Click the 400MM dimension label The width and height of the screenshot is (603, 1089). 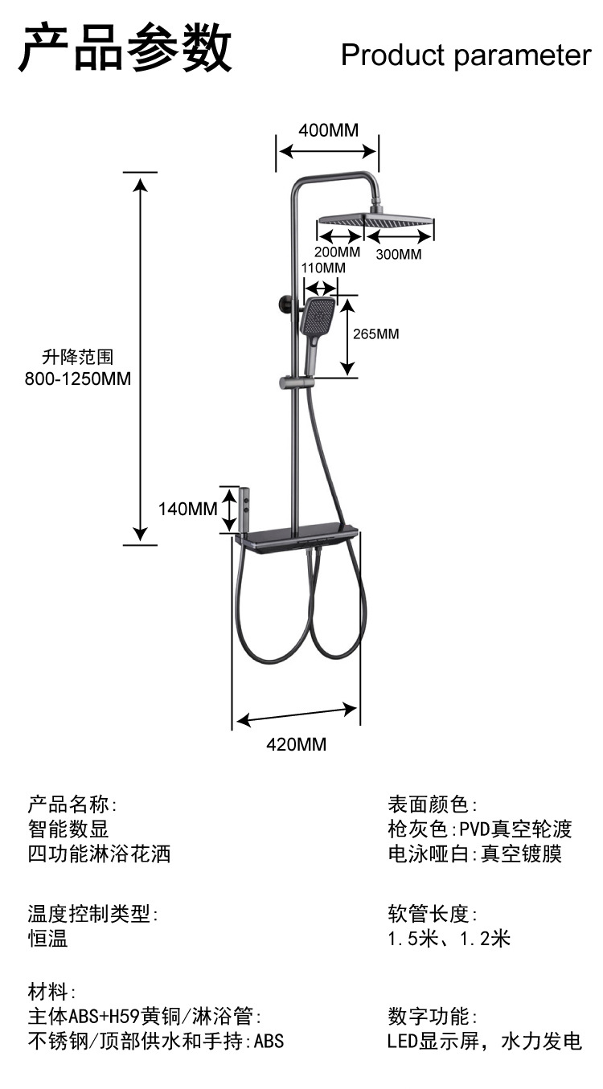click(328, 130)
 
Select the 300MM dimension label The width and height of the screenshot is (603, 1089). click(399, 255)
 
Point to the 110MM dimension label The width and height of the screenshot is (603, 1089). click(323, 268)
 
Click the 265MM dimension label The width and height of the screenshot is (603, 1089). click(375, 334)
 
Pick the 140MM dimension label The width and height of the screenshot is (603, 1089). click(187, 509)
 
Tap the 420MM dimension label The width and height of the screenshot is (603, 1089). click(297, 744)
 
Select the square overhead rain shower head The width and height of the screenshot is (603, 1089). click(376, 219)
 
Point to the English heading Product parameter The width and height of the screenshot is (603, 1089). click(466, 55)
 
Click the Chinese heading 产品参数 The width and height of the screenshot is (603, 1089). click(125, 48)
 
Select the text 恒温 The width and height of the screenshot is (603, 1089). click(47, 938)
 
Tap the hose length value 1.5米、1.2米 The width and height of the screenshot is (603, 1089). click(449, 938)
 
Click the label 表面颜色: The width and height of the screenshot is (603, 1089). click(433, 804)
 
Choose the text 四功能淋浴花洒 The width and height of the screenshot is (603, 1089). click(100, 854)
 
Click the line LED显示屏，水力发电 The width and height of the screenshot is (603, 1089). click(484, 1042)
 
